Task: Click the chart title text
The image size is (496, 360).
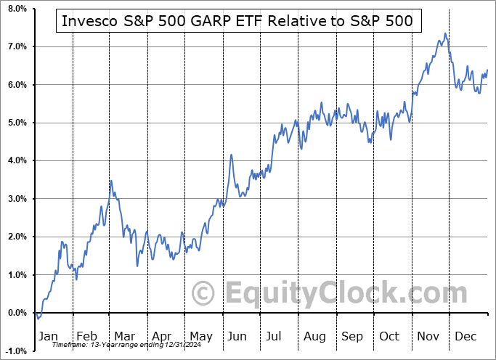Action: click(237, 21)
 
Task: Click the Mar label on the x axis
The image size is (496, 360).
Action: click(125, 336)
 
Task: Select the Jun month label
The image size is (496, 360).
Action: click(237, 336)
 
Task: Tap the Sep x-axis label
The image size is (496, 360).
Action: click(351, 336)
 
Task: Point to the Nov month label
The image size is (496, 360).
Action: click(428, 336)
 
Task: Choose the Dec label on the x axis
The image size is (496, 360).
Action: click(466, 336)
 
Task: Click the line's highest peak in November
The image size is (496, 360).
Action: click(444, 33)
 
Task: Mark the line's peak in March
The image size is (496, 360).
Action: click(110, 180)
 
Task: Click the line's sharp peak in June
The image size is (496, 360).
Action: click(231, 155)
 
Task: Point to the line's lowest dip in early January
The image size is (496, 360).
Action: click(38, 318)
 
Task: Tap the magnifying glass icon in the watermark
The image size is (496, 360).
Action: click(204, 294)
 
